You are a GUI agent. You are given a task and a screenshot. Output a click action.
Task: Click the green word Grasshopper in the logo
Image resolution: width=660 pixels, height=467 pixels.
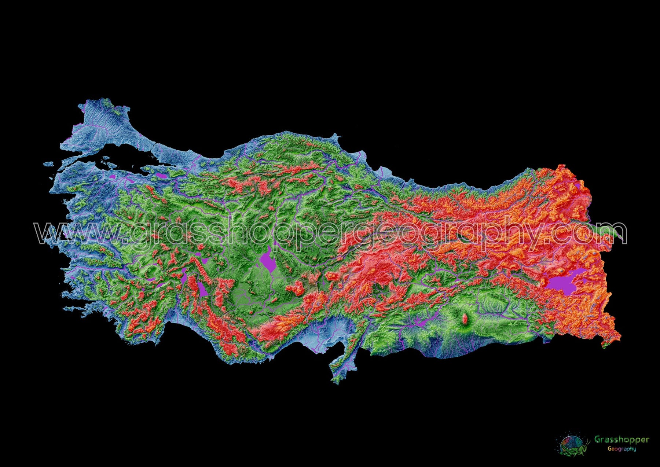coord(621,439)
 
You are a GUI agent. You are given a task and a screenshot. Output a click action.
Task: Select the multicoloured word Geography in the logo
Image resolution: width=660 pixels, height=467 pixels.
coord(621,449)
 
